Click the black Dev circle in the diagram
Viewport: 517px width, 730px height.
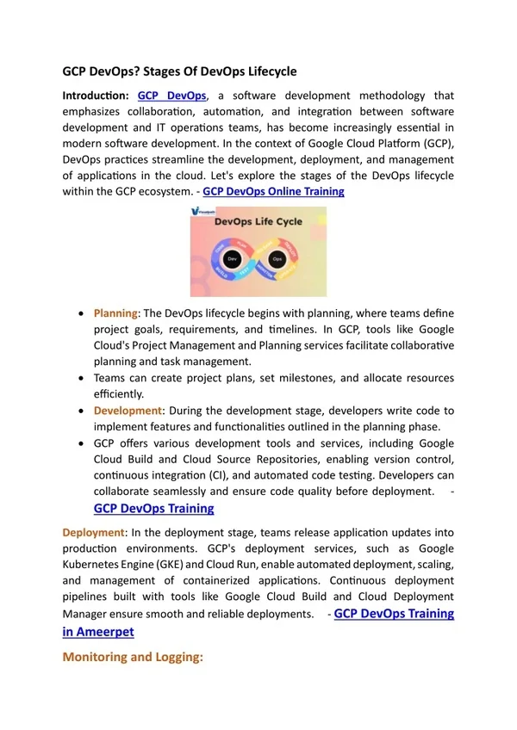(230, 257)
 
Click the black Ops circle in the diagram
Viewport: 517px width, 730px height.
(277, 257)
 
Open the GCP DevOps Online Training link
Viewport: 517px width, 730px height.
(273, 191)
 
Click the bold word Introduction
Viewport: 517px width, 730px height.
(95, 96)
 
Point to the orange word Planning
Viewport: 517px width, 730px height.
(115, 312)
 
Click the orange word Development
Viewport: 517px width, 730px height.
(128, 411)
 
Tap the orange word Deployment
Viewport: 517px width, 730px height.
(94, 532)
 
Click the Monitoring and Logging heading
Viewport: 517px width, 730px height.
(133, 657)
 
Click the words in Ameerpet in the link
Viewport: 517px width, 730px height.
(98, 631)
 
